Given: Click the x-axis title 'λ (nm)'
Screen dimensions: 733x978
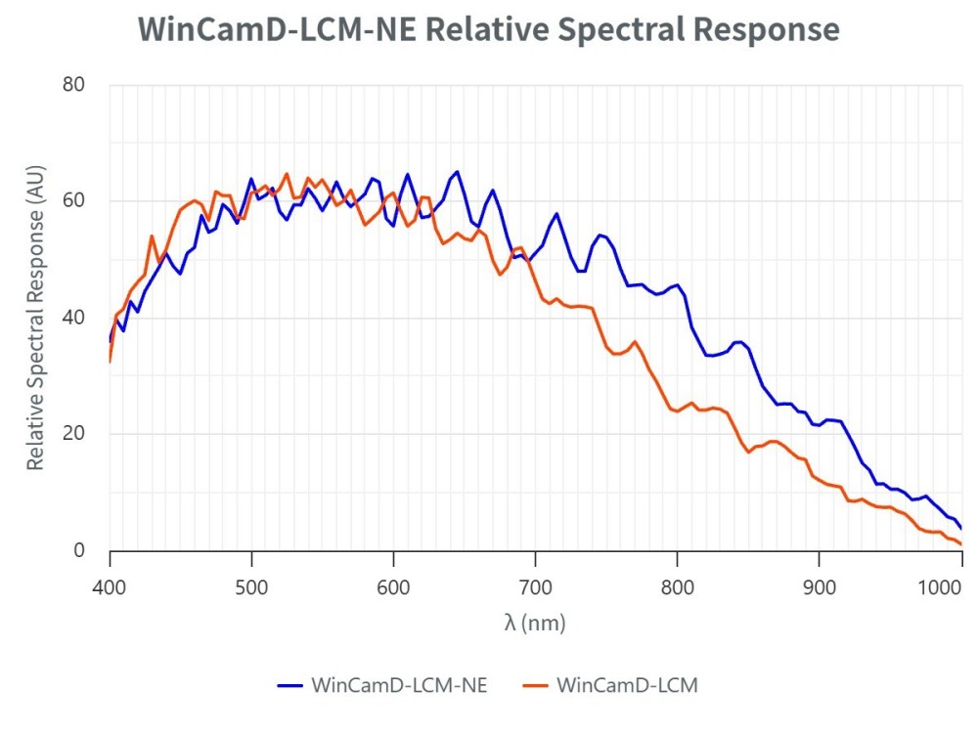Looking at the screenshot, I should tap(535, 623).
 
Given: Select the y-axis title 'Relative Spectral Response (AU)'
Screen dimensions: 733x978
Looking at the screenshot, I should tap(35, 318).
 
